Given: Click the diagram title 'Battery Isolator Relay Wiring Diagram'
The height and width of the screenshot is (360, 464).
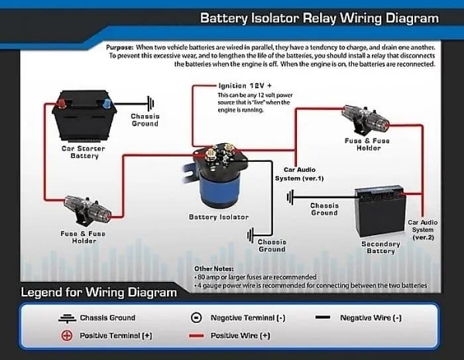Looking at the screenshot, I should coord(319,18).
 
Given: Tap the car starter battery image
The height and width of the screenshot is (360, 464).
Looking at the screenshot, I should coord(82,117).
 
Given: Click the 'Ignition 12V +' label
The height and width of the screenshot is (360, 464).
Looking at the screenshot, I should coord(246,86).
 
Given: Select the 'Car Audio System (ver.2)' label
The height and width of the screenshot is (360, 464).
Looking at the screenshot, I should coord(423,229).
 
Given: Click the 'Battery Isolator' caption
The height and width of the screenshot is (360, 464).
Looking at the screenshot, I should coord(219,217).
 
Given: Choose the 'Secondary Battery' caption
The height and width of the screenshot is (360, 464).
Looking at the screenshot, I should coord(380,247).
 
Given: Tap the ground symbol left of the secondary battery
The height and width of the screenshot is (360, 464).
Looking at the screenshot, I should coord(290,197).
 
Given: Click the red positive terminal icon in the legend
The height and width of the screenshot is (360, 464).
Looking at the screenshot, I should coord(66,335).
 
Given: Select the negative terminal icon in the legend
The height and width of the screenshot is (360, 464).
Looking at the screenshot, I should coord(197,318).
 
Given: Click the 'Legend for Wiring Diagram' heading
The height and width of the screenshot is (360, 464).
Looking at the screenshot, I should coord(99,292).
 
